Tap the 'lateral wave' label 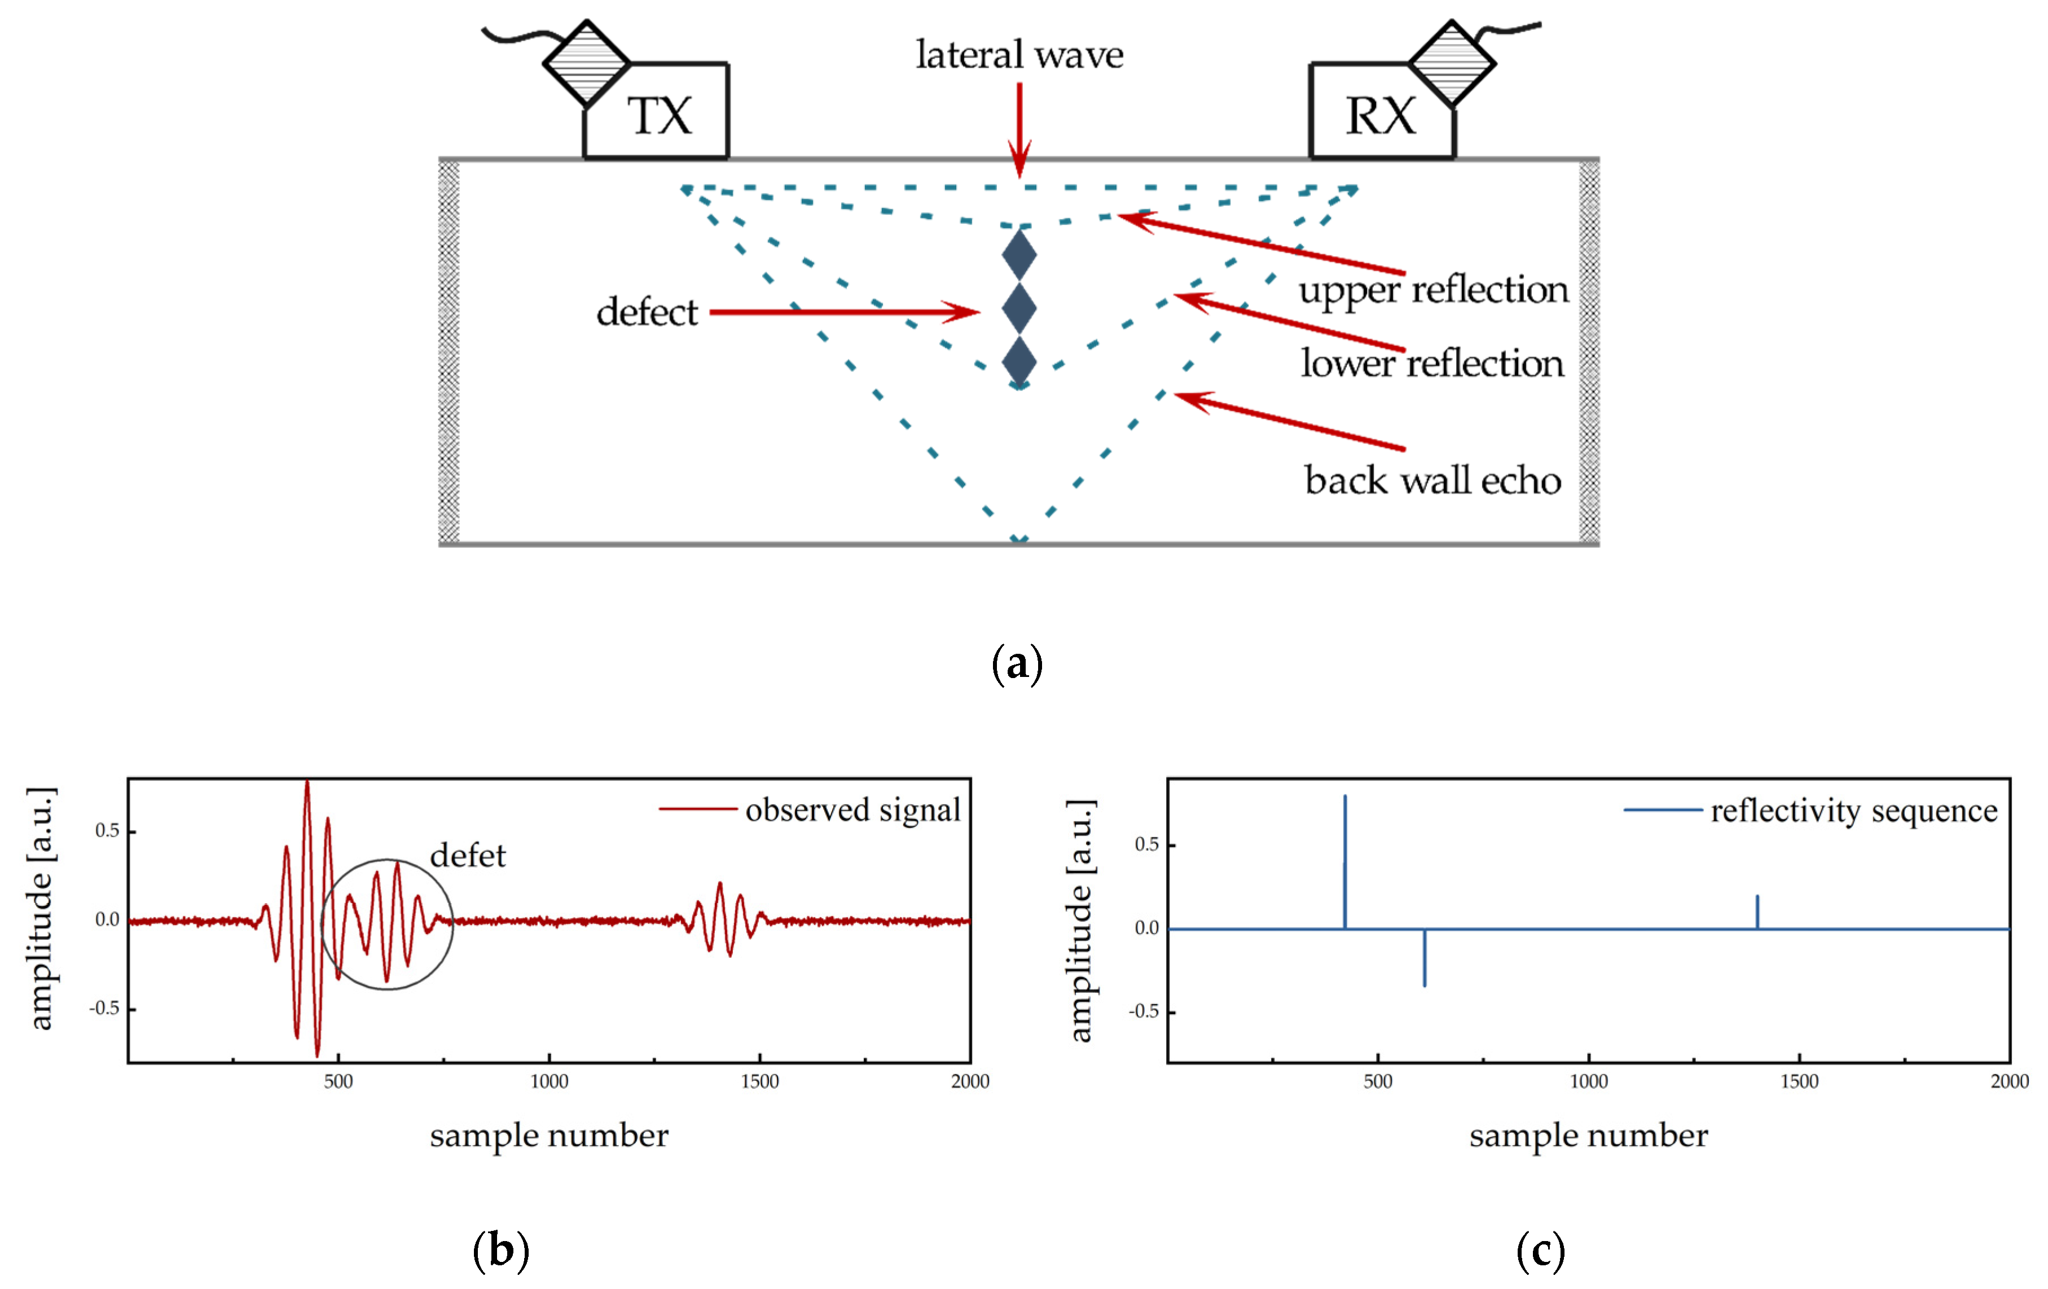[x=1019, y=55]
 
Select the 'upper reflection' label [x=1433, y=291]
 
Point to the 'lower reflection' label [x=1432, y=364]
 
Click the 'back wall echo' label [x=1433, y=481]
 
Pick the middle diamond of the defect [x=1019, y=308]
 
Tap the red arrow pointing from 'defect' [x=842, y=312]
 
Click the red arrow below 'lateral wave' [x=1019, y=127]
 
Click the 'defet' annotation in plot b [x=468, y=855]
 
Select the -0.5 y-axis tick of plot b [x=104, y=1009]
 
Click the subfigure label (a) [x=1017, y=663]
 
